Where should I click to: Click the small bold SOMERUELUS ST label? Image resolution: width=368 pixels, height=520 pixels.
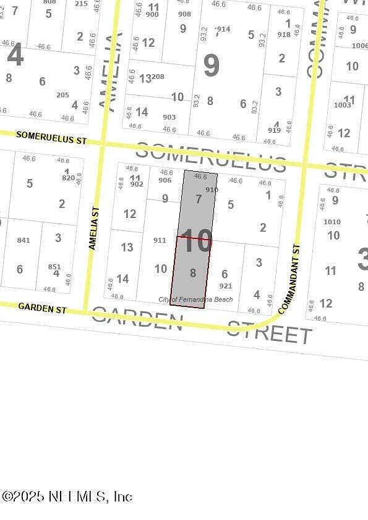51,138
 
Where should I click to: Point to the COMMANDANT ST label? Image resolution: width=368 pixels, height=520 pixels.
289,278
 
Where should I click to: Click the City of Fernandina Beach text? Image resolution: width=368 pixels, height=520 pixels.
196,300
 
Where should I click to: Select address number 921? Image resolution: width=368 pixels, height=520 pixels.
226,286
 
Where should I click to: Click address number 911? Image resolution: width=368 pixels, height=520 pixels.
160,240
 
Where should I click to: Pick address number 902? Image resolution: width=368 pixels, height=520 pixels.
137,184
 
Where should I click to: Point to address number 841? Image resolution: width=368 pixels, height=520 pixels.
24,240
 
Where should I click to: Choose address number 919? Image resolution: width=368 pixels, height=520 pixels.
274,130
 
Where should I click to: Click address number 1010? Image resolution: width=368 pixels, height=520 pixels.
332,222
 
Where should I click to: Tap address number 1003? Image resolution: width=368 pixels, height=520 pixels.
342,106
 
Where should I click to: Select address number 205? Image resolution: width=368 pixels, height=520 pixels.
62,95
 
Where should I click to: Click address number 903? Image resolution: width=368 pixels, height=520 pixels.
169,117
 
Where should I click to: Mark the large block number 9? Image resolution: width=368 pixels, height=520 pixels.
212,65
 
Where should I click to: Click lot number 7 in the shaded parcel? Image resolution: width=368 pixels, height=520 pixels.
199,199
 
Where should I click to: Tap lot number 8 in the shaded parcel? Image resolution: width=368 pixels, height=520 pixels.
193,272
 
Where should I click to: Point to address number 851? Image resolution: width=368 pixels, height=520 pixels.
54,267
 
